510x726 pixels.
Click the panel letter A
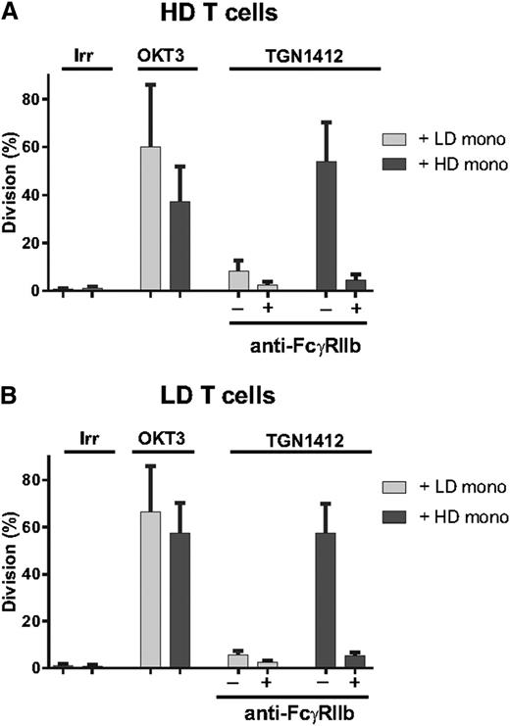[x=10, y=11]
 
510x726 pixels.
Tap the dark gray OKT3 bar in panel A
[x=179, y=246]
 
